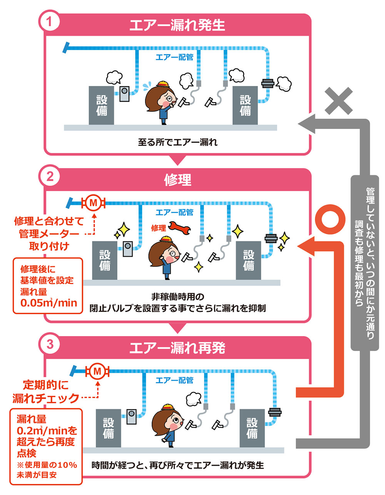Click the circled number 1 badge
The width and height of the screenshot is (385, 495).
click(x=49, y=22)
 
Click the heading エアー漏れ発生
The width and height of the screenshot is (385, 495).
click(x=177, y=25)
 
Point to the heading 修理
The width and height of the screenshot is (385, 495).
click(x=177, y=180)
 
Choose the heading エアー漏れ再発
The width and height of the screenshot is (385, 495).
click(x=177, y=348)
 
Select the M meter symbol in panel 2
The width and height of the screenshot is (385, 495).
click(x=93, y=202)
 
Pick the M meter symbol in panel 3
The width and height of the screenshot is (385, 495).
click(x=97, y=371)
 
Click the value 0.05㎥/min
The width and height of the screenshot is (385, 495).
click(x=49, y=303)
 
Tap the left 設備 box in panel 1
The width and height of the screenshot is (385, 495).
click(x=101, y=105)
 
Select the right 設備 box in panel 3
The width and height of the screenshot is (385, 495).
click(x=252, y=428)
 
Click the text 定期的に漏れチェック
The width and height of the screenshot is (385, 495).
click(x=45, y=391)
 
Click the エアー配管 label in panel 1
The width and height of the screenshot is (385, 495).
click(x=174, y=57)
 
